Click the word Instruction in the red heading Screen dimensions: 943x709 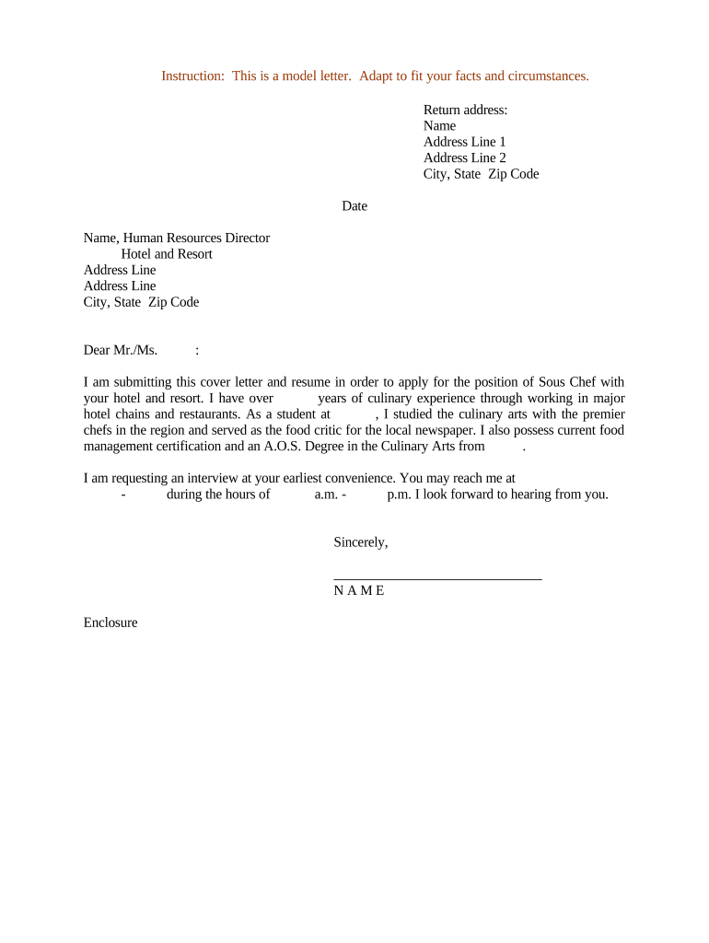tap(192, 76)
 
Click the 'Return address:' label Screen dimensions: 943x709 tap(465, 110)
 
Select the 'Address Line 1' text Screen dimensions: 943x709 tap(464, 142)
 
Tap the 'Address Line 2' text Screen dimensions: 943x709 tap(464, 157)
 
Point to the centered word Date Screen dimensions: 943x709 tap(354, 206)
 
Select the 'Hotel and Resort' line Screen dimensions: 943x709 tap(167, 254)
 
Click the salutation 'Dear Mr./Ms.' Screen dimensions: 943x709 tap(121, 350)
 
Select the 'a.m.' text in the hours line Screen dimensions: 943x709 tap(327, 495)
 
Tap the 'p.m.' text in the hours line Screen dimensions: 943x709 tap(400, 495)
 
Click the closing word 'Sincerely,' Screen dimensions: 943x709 tap(360, 542)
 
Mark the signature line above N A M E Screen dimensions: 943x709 tap(437, 578)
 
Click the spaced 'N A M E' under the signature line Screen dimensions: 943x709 tap(359, 590)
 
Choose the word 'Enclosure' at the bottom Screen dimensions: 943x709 tap(110, 623)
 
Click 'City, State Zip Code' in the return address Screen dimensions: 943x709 tap(481, 174)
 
